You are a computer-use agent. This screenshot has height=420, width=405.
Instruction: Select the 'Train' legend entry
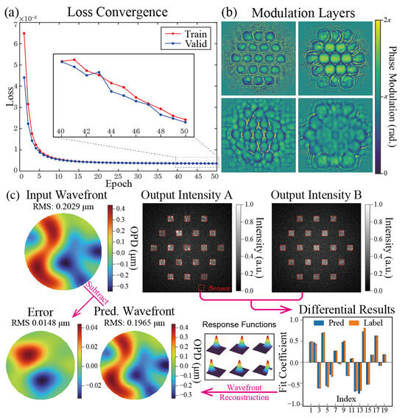(183, 34)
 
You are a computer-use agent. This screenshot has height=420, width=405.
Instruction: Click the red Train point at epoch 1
(24, 33)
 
